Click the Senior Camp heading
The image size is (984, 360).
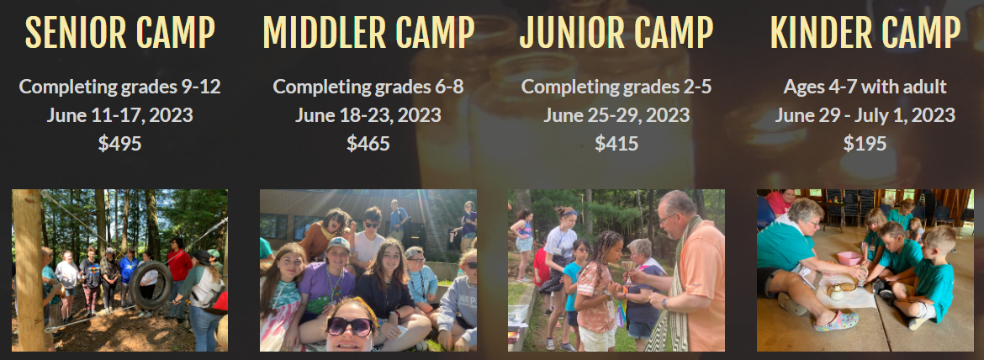click(x=120, y=32)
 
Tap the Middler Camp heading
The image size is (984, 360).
click(x=368, y=32)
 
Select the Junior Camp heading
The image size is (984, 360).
click(x=616, y=32)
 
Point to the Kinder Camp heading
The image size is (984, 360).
click(x=865, y=32)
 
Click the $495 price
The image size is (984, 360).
click(x=120, y=144)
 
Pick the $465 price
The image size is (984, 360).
click(x=368, y=144)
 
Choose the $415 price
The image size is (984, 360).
click(x=616, y=144)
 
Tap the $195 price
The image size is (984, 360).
click(x=865, y=144)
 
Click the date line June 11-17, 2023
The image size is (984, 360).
click(x=120, y=115)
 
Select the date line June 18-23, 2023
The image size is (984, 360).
click(x=368, y=115)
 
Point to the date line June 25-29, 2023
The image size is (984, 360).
click(x=616, y=115)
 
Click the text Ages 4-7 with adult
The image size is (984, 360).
click(x=865, y=87)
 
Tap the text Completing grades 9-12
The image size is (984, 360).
click(x=120, y=87)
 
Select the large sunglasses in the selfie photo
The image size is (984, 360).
click(x=350, y=326)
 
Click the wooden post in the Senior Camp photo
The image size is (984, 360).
click(x=29, y=270)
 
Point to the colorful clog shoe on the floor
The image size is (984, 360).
click(x=836, y=321)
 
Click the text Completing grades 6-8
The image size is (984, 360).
click(x=368, y=87)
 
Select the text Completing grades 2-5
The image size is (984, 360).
click(x=616, y=87)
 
